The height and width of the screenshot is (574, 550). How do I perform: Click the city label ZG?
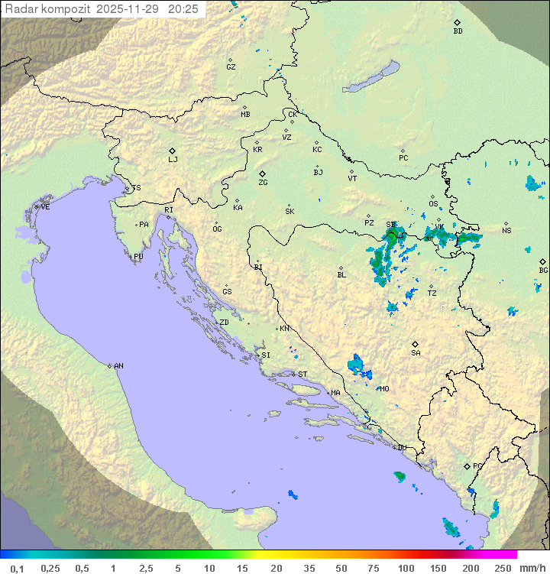coord(263,183)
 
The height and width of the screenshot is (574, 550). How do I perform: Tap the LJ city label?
coord(173,160)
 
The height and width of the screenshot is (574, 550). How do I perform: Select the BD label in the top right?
coord(458,31)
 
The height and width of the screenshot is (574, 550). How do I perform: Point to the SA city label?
coord(416,353)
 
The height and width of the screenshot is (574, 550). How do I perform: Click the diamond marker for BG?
coord(542,261)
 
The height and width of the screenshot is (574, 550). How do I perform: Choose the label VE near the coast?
coord(45,207)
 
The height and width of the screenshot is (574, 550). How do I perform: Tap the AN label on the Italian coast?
coord(118,366)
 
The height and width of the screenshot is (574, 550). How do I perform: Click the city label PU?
coord(138,257)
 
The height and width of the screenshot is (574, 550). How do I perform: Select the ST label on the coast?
coord(302,375)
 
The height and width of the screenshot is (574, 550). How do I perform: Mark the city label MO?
coord(384,389)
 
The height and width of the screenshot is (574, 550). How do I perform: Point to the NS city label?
coord(506,231)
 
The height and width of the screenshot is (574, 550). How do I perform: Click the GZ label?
coord(231,67)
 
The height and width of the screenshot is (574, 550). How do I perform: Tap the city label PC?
coord(403,158)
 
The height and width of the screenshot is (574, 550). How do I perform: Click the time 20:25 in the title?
coord(183,9)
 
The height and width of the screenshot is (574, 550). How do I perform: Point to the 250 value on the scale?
coord(502,568)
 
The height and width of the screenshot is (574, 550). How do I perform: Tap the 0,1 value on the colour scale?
coord(17,568)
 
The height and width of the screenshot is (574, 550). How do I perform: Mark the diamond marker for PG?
coord(467,465)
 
